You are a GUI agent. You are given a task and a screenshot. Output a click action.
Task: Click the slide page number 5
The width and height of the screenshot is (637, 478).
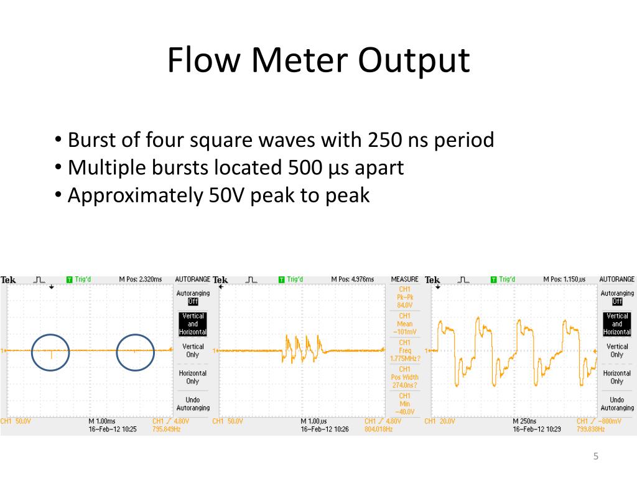pyautogui.click(x=595, y=457)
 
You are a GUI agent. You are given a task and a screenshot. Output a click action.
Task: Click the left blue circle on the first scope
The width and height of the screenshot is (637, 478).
pyautogui.click(x=50, y=352)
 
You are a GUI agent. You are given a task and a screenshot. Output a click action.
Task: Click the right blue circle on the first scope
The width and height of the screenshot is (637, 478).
pyautogui.click(x=135, y=352)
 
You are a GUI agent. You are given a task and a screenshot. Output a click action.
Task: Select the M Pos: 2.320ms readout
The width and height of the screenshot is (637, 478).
pyautogui.click(x=141, y=280)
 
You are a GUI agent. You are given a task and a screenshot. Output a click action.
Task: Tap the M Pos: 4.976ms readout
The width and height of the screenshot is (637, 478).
pyautogui.click(x=353, y=280)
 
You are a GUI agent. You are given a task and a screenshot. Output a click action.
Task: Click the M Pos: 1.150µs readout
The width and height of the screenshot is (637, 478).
pyautogui.click(x=564, y=280)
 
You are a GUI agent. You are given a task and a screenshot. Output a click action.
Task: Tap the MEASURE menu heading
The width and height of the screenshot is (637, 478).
pyautogui.click(x=404, y=280)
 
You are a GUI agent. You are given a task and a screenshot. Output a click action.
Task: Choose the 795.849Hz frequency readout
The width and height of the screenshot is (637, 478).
pyautogui.click(x=166, y=429)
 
